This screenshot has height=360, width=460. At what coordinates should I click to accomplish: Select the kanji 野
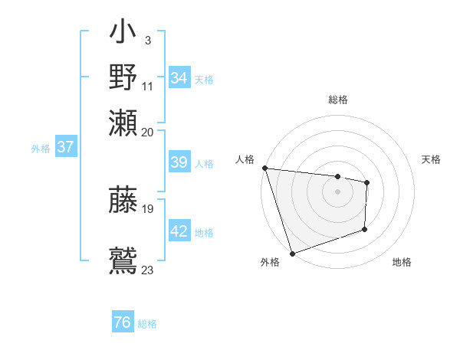123,78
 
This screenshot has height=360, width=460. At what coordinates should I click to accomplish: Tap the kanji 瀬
123,121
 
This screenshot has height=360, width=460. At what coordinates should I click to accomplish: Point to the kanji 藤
123,201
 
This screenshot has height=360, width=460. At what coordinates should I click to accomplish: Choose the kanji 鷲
123,259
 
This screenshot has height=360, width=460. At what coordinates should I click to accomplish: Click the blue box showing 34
179,78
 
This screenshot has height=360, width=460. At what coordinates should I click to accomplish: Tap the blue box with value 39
179,162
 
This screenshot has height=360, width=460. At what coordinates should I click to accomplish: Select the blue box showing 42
179,231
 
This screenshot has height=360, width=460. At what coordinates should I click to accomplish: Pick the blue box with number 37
65,148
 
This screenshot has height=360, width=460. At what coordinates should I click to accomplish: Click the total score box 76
123,322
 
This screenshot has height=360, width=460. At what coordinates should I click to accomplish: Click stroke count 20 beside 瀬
148,132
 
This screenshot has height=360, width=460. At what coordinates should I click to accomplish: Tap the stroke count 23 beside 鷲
148,270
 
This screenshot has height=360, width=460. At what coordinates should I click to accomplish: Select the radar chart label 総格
337,100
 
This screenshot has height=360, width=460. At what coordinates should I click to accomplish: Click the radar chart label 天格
432,159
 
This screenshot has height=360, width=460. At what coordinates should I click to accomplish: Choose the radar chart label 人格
245,159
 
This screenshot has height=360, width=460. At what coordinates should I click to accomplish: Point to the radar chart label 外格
270,263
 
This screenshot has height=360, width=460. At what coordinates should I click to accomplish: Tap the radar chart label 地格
402,263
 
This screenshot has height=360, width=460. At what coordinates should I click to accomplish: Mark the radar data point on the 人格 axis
264,168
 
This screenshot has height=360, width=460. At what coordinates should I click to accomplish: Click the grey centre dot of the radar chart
337,191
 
